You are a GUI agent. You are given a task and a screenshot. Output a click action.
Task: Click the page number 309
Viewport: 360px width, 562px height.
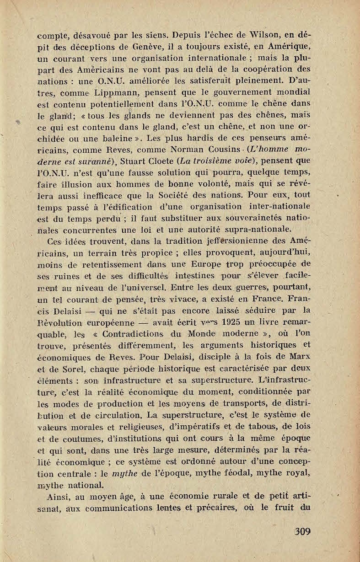point(303,531)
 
